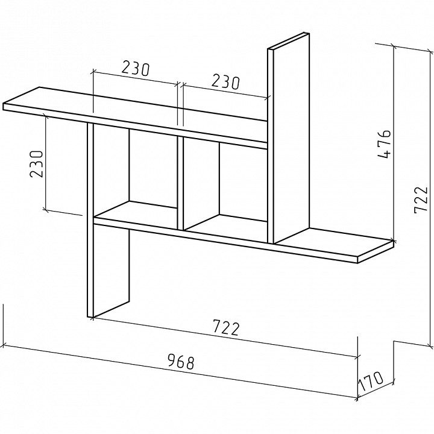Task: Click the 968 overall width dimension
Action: (x=181, y=362)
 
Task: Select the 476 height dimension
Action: (x=384, y=144)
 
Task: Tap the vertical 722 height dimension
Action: (x=421, y=200)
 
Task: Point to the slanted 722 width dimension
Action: (x=226, y=327)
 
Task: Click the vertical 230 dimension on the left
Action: (x=37, y=164)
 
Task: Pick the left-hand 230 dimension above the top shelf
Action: (x=136, y=69)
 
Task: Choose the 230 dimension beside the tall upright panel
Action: (x=225, y=82)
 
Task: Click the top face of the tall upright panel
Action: (x=288, y=42)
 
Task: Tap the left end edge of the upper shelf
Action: (x=4, y=107)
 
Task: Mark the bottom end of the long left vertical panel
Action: (x=90, y=316)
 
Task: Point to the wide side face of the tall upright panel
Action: (x=292, y=139)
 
